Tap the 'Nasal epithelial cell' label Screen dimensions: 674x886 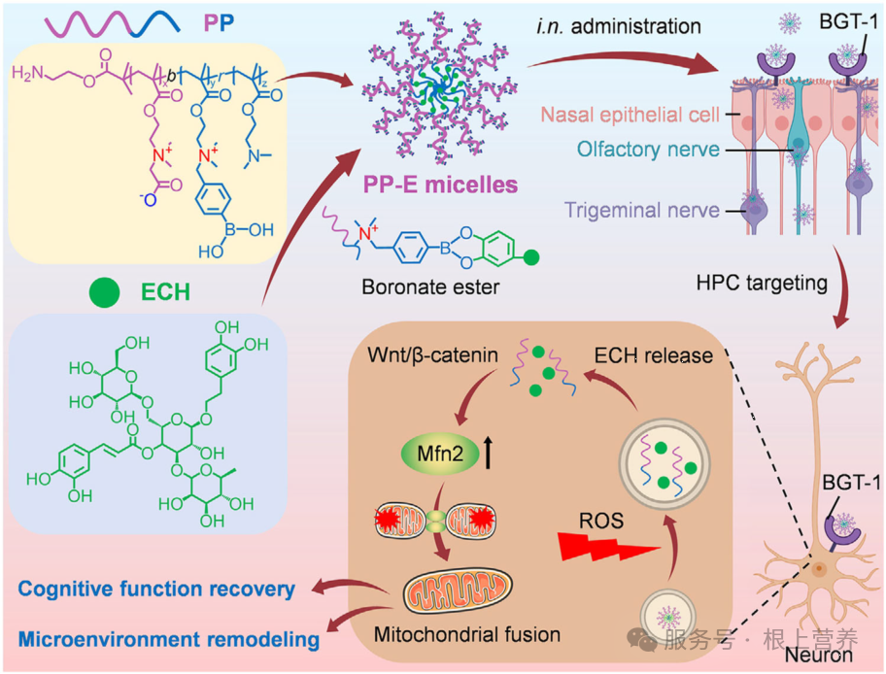(x=630, y=115)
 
